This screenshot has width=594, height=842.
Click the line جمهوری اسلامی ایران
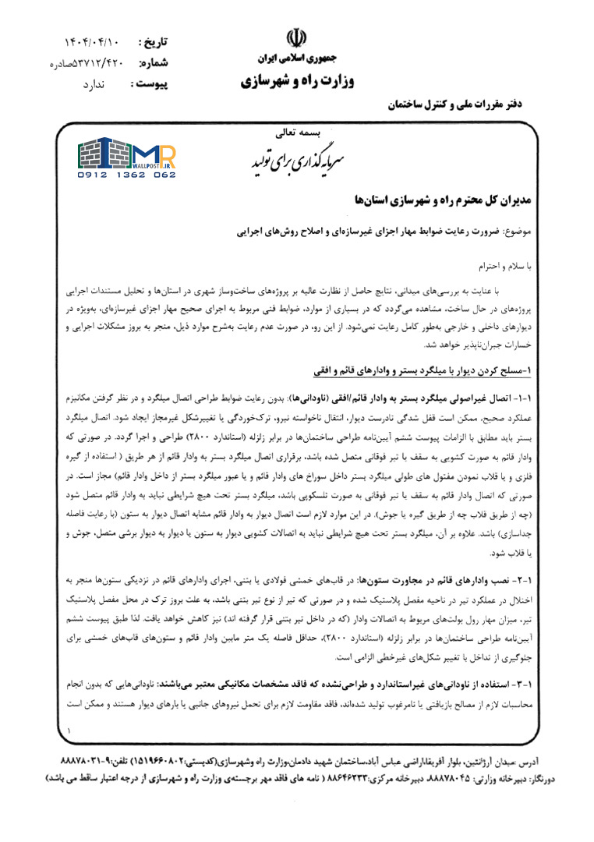(x=296, y=58)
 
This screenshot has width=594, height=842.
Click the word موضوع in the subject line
(x=514, y=232)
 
